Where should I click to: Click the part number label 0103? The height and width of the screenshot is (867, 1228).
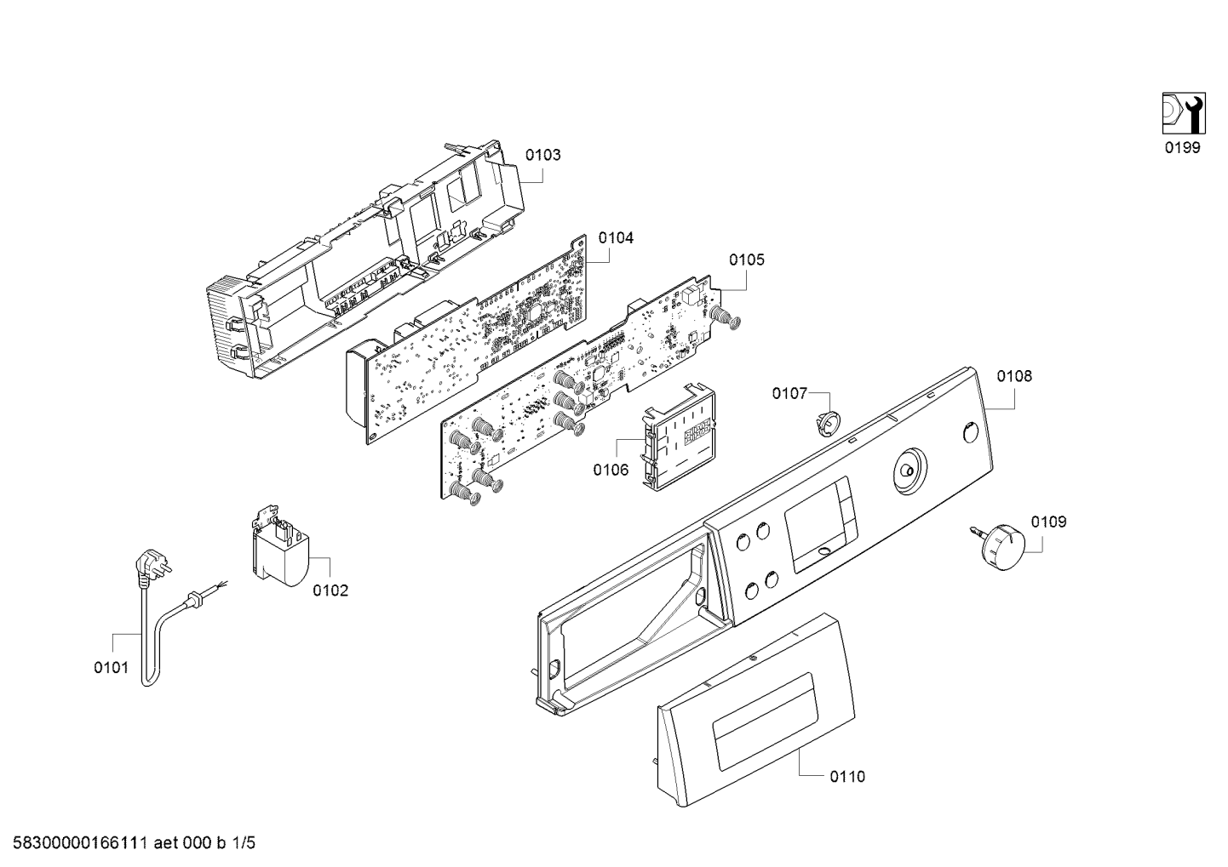(x=542, y=155)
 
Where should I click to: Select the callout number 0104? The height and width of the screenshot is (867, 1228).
(x=616, y=237)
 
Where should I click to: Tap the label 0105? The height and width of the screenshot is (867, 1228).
(x=746, y=260)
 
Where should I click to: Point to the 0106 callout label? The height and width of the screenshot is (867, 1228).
(x=611, y=470)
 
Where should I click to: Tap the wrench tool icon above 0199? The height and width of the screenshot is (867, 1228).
(x=1184, y=113)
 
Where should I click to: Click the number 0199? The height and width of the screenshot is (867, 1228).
(x=1183, y=147)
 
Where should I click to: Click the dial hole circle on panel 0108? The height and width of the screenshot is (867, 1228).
(x=909, y=471)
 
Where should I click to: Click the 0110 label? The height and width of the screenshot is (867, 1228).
(x=847, y=777)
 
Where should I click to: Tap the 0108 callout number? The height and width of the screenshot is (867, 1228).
(x=1014, y=376)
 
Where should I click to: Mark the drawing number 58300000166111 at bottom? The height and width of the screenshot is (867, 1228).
(x=80, y=843)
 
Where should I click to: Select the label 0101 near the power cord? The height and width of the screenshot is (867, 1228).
(x=112, y=668)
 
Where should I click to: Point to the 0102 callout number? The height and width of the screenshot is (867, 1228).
(x=330, y=590)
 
